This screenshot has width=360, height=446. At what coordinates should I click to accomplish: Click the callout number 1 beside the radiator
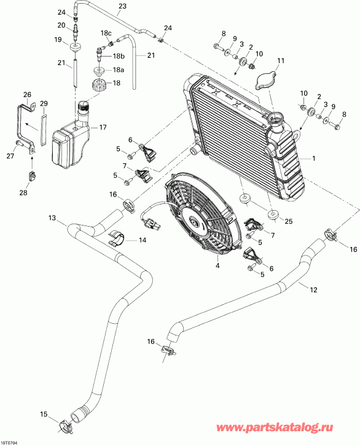pos(315,158)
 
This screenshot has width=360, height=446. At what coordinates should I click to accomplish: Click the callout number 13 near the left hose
pos(52,218)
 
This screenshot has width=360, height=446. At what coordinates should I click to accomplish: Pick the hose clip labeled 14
pos(117,238)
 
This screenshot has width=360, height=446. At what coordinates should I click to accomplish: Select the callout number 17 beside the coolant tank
pos(103,128)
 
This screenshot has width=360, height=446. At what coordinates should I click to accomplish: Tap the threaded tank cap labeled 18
pos(99,84)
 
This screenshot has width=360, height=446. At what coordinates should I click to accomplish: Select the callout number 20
pos(61,25)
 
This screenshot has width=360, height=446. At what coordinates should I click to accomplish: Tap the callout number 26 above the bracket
pos(26,94)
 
